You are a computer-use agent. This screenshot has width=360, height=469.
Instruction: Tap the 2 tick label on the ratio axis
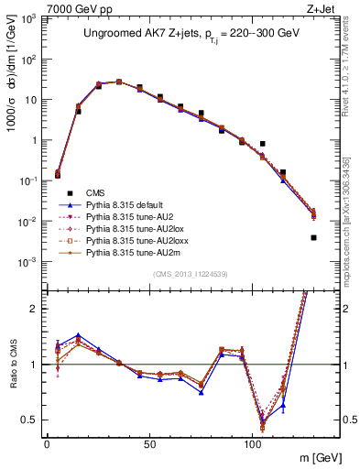tap(34, 309)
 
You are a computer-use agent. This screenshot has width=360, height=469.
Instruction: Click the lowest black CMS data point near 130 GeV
tap(313, 237)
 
